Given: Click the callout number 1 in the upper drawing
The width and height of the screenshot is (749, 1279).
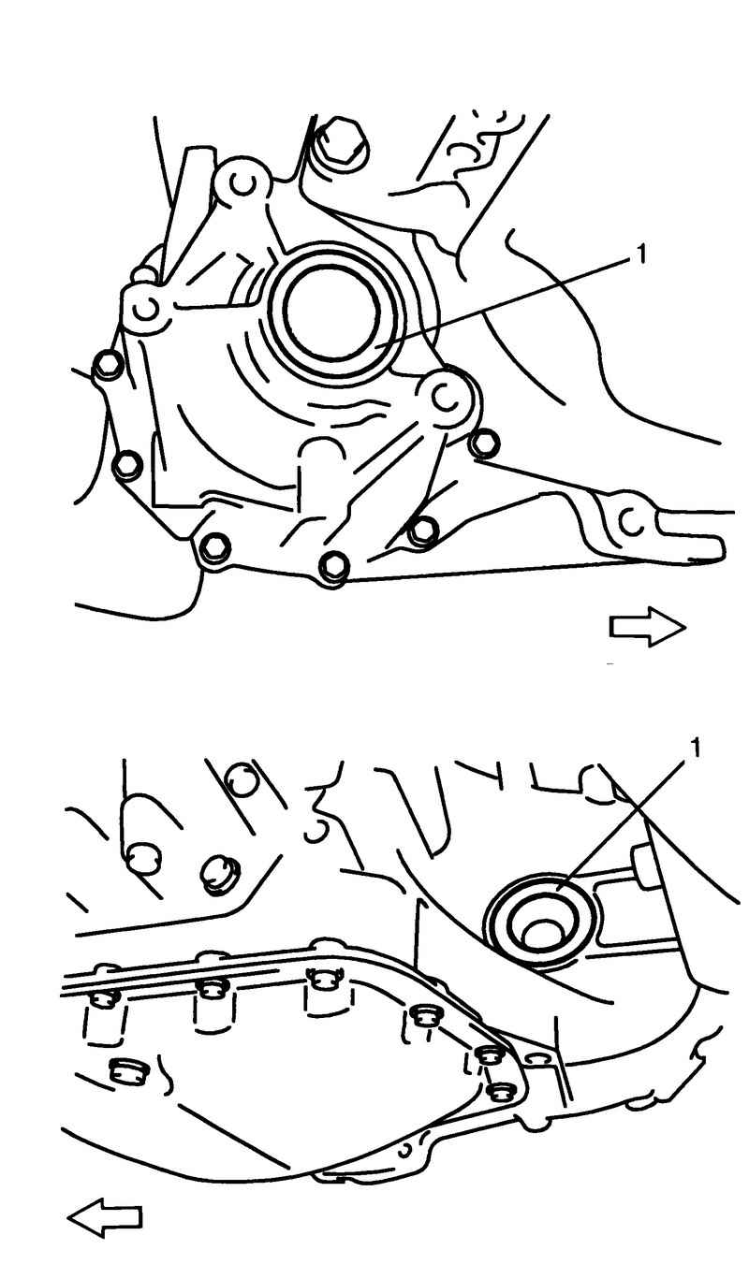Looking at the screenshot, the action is [x=641, y=254].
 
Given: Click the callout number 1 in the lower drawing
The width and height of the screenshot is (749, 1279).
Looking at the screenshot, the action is [x=695, y=749].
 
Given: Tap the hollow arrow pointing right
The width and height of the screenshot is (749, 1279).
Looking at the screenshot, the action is [x=648, y=628].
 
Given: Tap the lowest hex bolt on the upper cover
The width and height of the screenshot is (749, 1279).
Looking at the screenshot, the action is [x=333, y=567].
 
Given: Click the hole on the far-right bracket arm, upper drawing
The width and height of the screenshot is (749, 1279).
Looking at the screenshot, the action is [x=632, y=522].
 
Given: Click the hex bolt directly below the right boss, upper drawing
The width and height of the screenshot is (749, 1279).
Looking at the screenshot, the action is [x=484, y=444].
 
